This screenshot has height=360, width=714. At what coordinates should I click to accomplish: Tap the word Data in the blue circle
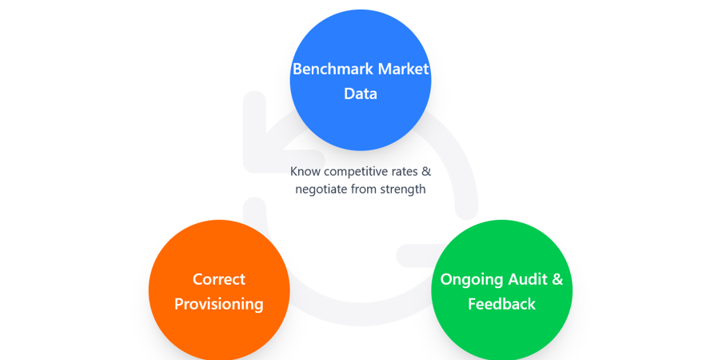pyautogui.click(x=361, y=94)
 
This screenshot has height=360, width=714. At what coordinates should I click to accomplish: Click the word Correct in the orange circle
pyautogui.click(x=219, y=279)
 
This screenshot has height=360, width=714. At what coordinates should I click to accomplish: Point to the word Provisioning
pyautogui.click(x=219, y=304)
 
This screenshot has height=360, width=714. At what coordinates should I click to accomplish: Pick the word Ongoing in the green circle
pyautogui.click(x=472, y=279)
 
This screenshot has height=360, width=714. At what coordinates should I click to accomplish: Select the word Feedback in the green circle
pyautogui.click(x=501, y=304)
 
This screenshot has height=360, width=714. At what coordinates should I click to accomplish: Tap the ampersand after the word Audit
pyautogui.click(x=557, y=279)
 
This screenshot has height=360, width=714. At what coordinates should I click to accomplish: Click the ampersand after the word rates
pyautogui.click(x=426, y=171)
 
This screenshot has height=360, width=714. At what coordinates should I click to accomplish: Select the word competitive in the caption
pyautogui.click(x=355, y=171)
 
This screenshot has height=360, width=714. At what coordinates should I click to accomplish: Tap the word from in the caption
pyautogui.click(x=369, y=190)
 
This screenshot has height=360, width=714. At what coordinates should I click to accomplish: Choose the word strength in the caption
pyautogui.click(x=405, y=190)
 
